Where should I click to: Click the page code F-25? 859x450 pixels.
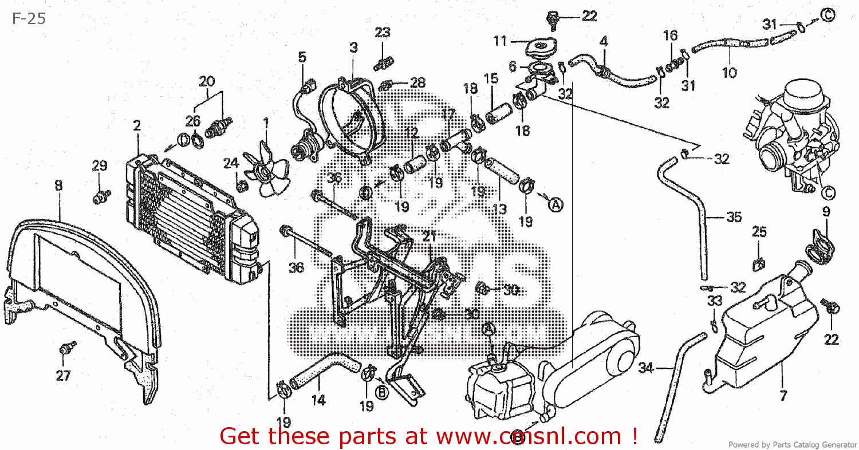tap(29, 18)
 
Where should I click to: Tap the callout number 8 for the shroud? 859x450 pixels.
tap(58, 185)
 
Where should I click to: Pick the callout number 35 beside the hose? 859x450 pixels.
tap(734, 218)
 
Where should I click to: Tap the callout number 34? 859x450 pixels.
tap(645, 367)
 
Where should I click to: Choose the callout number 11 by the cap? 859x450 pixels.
tap(500, 41)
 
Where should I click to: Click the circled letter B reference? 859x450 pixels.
tap(380, 392)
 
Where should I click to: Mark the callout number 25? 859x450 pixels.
tap(759, 232)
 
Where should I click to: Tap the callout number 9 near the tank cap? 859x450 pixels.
tap(826, 212)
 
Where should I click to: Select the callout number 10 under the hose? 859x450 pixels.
tap(729, 73)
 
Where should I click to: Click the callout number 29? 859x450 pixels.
tap(100, 166)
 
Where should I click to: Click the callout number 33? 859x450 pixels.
tap(714, 301)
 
